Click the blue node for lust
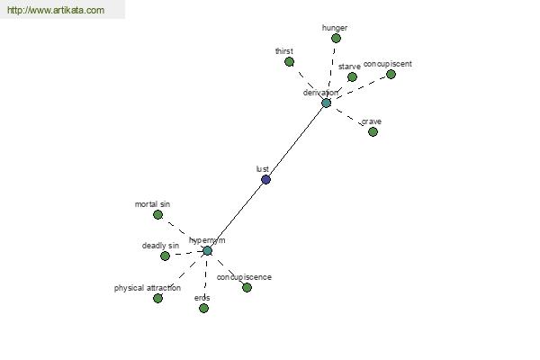point(265,179)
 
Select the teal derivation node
point(326,103)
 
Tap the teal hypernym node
point(207,251)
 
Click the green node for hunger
point(336,38)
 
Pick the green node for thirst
point(289,62)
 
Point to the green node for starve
point(352,76)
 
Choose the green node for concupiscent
point(391,74)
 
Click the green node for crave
point(373,131)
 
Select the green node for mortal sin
point(157,214)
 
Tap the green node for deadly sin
point(165,256)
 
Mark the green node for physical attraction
point(157,298)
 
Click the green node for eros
point(204,308)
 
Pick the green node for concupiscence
point(247,287)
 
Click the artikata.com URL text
point(56,10)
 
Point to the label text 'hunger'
point(335,28)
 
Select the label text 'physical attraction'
point(148,288)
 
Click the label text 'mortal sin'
point(152,204)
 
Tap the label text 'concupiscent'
point(387,64)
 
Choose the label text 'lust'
point(263,169)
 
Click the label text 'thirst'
point(284,51)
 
